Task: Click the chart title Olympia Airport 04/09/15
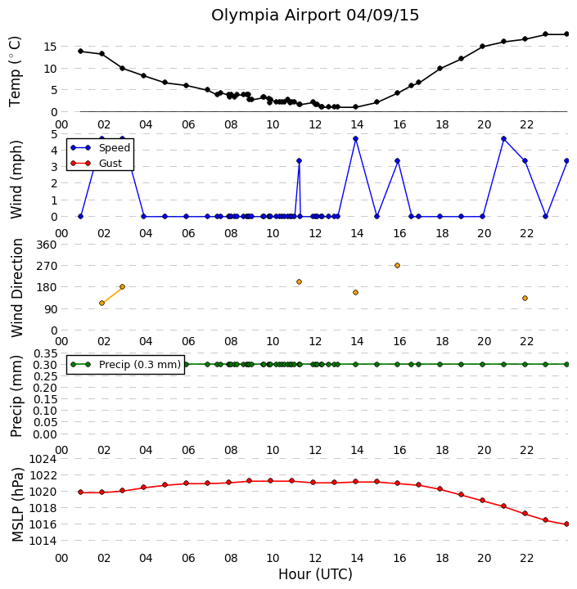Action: pyautogui.click(x=314, y=16)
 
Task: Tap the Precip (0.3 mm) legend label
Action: pyautogui.click(x=140, y=364)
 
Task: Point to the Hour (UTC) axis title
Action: pyautogui.click(x=315, y=574)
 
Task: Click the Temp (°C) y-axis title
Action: pyautogui.click(x=15, y=71)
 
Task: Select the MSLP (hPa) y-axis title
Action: pyautogui.click(x=18, y=504)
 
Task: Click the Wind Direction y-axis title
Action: pyautogui.click(x=17, y=288)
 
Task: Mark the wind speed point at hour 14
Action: pyautogui.click(x=355, y=138)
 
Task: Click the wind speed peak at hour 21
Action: pyautogui.click(x=503, y=138)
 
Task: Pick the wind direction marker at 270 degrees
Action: pyautogui.click(x=397, y=266)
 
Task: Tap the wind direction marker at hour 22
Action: pyautogui.click(x=525, y=299)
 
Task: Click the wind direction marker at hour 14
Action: pyautogui.click(x=355, y=293)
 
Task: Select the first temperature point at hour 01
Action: pyautogui.click(x=80, y=51)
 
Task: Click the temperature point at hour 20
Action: pyautogui.click(x=483, y=46)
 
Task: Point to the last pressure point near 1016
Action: pyautogui.click(x=567, y=524)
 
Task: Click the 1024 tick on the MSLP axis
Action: pyautogui.click(x=43, y=459)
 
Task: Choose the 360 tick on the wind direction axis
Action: pyautogui.click(x=46, y=245)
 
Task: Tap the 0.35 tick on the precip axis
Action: pyautogui.click(x=45, y=353)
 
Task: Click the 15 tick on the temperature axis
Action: pyautogui.click(x=50, y=47)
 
